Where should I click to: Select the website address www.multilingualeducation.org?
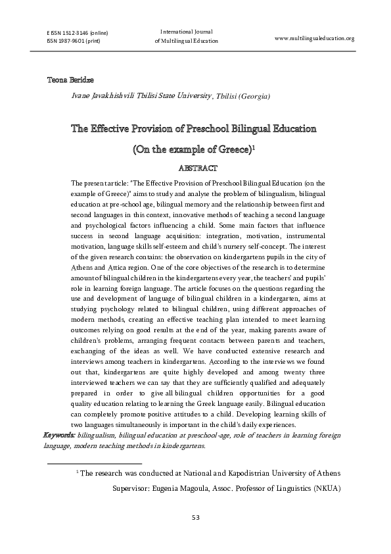(x=314, y=38)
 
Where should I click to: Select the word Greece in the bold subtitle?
(x=233, y=150)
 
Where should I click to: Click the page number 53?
(x=195, y=516)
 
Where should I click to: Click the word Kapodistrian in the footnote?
(x=250, y=472)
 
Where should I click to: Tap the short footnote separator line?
(x=95, y=463)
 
